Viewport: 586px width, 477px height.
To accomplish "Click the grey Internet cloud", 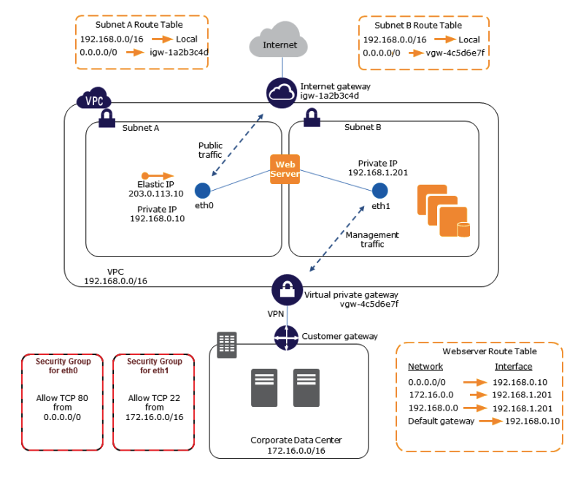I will pyautogui.click(x=280, y=45).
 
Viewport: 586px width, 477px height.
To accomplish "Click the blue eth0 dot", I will pyautogui.click(x=203, y=191).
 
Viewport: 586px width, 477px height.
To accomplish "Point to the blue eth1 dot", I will pyautogui.click(x=379, y=191).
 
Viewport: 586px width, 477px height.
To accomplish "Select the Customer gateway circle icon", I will pyautogui.click(x=287, y=337).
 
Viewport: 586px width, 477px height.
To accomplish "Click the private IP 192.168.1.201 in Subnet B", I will pyautogui.click(x=377, y=174).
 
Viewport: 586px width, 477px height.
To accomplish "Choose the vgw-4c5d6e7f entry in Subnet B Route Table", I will pyautogui.click(x=455, y=53).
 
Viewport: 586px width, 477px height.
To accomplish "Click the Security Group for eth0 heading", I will pyautogui.click(x=62, y=366).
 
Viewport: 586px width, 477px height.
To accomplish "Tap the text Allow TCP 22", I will pyautogui.click(x=155, y=397).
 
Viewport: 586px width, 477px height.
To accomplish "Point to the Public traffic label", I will pyautogui.click(x=210, y=150).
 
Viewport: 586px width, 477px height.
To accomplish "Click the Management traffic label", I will pyautogui.click(x=372, y=240).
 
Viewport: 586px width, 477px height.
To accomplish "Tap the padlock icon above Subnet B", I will pyautogui.click(x=310, y=115).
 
